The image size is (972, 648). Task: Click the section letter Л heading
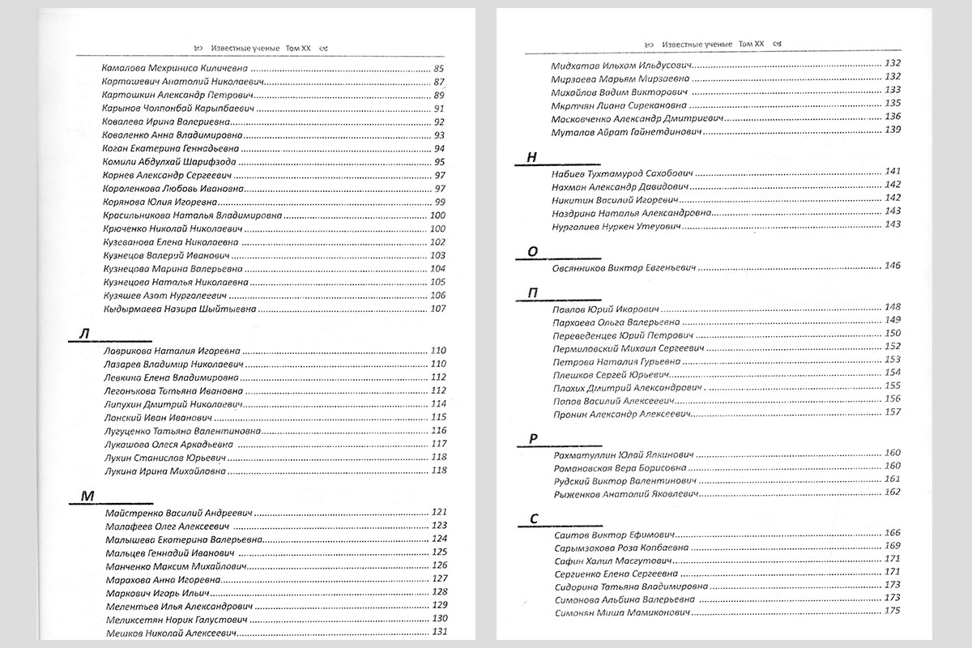point(84,335)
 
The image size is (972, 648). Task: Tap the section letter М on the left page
point(83,496)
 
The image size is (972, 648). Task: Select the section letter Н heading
point(531,158)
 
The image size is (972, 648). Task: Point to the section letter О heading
point(531,252)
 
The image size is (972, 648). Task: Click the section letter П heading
point(532,293)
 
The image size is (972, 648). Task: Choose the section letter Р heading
point(532,439)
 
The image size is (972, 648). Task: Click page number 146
point(893,266)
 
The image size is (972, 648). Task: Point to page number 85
point(440,68)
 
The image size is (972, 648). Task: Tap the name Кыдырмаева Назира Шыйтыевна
point(180,309)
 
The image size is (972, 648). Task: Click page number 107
point(438,309)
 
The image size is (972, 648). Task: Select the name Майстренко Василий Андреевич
point(180,512)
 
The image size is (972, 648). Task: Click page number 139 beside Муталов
point(893,130)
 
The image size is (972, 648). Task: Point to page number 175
point(893,611)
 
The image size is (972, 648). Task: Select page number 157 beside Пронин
point(893,412)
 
